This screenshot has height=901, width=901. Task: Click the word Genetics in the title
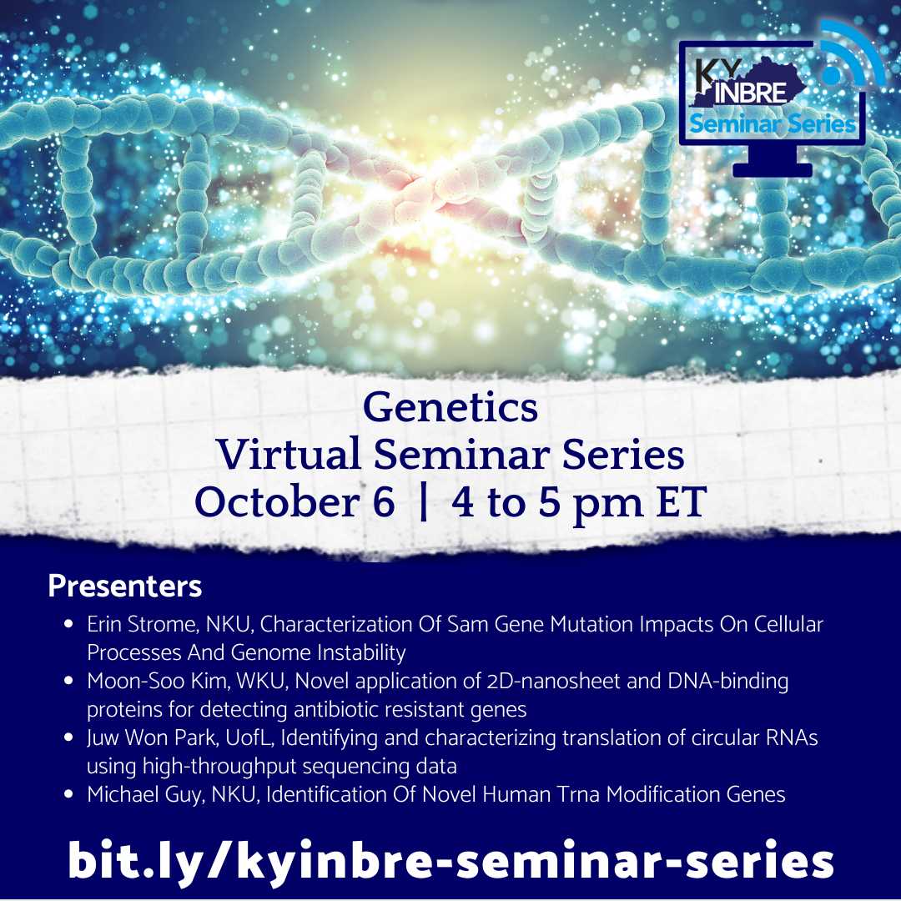[450, 407]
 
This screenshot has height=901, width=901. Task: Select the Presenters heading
[124, 586]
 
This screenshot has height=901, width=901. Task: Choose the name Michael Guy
[146, 794]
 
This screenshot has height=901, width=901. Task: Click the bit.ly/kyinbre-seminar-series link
[450, 861]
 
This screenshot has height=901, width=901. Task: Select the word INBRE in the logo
[750, 93]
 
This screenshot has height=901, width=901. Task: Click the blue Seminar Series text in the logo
[773, 124]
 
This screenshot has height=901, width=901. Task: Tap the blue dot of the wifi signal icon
[831, 75]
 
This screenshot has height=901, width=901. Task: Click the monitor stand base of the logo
[773, 170]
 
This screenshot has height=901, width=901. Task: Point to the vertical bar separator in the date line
[424, 501]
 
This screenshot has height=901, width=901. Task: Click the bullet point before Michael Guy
[68, 794]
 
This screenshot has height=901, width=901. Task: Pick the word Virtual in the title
[289, 454]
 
